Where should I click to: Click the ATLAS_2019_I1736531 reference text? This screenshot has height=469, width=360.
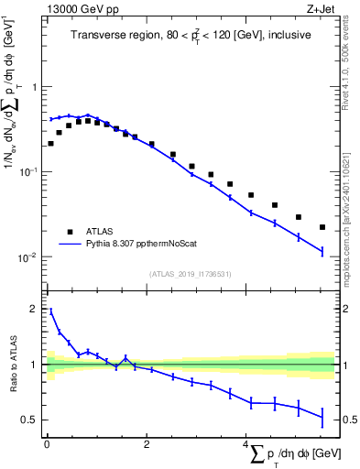tap(189, 274)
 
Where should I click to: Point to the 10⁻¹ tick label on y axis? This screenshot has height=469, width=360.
tap(30, 172)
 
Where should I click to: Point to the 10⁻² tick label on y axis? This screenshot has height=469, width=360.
tap(30, 257)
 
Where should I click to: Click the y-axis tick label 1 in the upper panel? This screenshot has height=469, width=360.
tap(36, 87)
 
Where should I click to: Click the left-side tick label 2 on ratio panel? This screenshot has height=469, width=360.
tap(36, 310)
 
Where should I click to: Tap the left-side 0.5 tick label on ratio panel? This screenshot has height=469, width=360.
tap(31, 420)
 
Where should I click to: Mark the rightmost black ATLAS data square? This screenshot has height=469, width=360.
tap(322, 227)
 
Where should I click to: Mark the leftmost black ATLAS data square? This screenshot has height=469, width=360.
tap(50, 143)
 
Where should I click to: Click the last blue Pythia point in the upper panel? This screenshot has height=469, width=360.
tap(322, 251)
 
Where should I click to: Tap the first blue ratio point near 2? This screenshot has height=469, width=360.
tap(50, 311)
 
